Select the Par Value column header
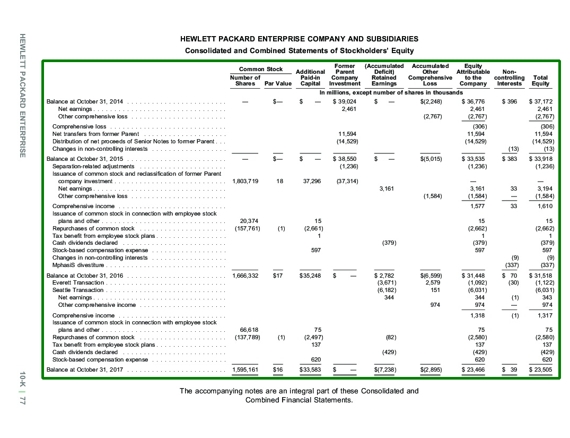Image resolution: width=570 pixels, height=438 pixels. tap(278, 83)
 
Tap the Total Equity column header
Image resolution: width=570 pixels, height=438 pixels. tap(541, 81)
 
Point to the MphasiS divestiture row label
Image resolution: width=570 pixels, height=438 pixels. tap(78, 265)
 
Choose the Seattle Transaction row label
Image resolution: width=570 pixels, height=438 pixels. tap(77, 290)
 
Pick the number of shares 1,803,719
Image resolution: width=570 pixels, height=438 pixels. tap(245, 181)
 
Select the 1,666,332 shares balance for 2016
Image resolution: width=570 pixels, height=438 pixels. tap(245, 276)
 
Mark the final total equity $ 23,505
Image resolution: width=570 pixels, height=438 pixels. tap(541, 370)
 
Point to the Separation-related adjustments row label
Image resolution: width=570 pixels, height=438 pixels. tap(93, 166)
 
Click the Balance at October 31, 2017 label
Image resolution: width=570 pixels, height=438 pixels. tap(85, 370)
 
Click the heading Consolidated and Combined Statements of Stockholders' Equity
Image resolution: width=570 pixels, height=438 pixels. tap(299, 50)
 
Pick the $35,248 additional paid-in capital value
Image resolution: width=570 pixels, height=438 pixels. tap(311, 276)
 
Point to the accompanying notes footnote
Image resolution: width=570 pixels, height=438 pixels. tap(299, 396)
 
